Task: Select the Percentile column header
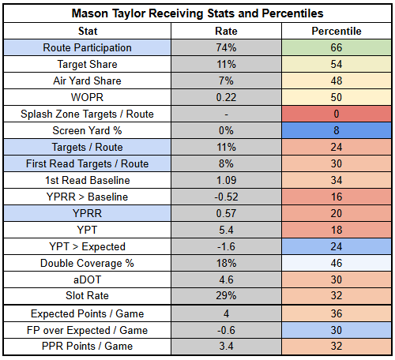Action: [337, 31]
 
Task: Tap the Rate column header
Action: [226, 31]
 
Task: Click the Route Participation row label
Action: [87, 47]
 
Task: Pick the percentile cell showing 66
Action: [337, 47]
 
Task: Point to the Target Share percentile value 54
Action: [337, 64]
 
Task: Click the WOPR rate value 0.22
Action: [226, 97]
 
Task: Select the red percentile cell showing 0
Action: [337, 114]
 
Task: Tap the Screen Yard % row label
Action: [87, 130]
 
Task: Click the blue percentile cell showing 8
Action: [337, 130]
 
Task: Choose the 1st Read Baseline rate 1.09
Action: [226, 180]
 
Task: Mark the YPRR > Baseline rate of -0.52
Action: [226, 197]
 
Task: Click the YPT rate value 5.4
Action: [226, 230]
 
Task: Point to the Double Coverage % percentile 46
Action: [337, 263]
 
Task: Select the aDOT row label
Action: [87, 279]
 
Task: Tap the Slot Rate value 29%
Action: [226, 295]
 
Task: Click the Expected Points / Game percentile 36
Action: [337, 313]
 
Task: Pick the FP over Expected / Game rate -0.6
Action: [226, 330]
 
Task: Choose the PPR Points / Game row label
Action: [87, 346]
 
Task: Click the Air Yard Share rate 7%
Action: [226, 81]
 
